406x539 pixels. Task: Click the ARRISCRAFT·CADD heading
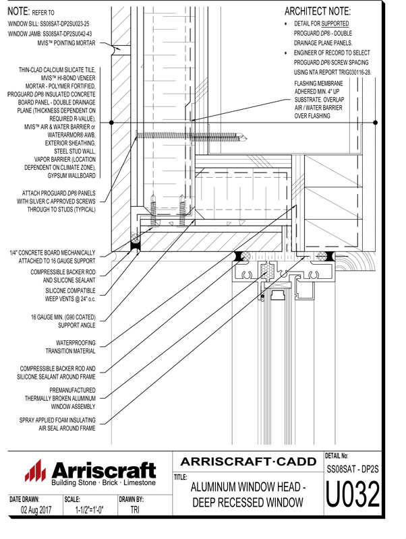[x=249, y=462]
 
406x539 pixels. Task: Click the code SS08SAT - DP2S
[x=353, y=467]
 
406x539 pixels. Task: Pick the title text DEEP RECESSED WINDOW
[x=249, y=502]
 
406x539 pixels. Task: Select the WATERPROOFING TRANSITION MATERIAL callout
[x=69, y=346]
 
